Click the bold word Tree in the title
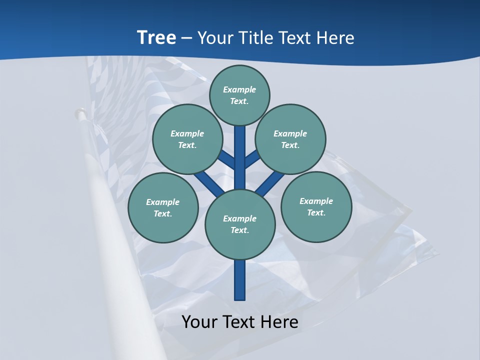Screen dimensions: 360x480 click(x=156, y=37)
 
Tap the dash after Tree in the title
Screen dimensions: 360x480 click(x=186, y=38)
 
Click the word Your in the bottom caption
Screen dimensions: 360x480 click(x=200, y=322)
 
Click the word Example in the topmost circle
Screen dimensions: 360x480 click(x=239, y=89)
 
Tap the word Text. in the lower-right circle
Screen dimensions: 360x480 click(x=316, y=212)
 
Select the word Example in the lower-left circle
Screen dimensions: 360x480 click(x=162, y=202)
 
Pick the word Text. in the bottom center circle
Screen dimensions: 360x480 click(x=239, y=230)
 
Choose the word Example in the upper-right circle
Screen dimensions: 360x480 click(x=290, y=133)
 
